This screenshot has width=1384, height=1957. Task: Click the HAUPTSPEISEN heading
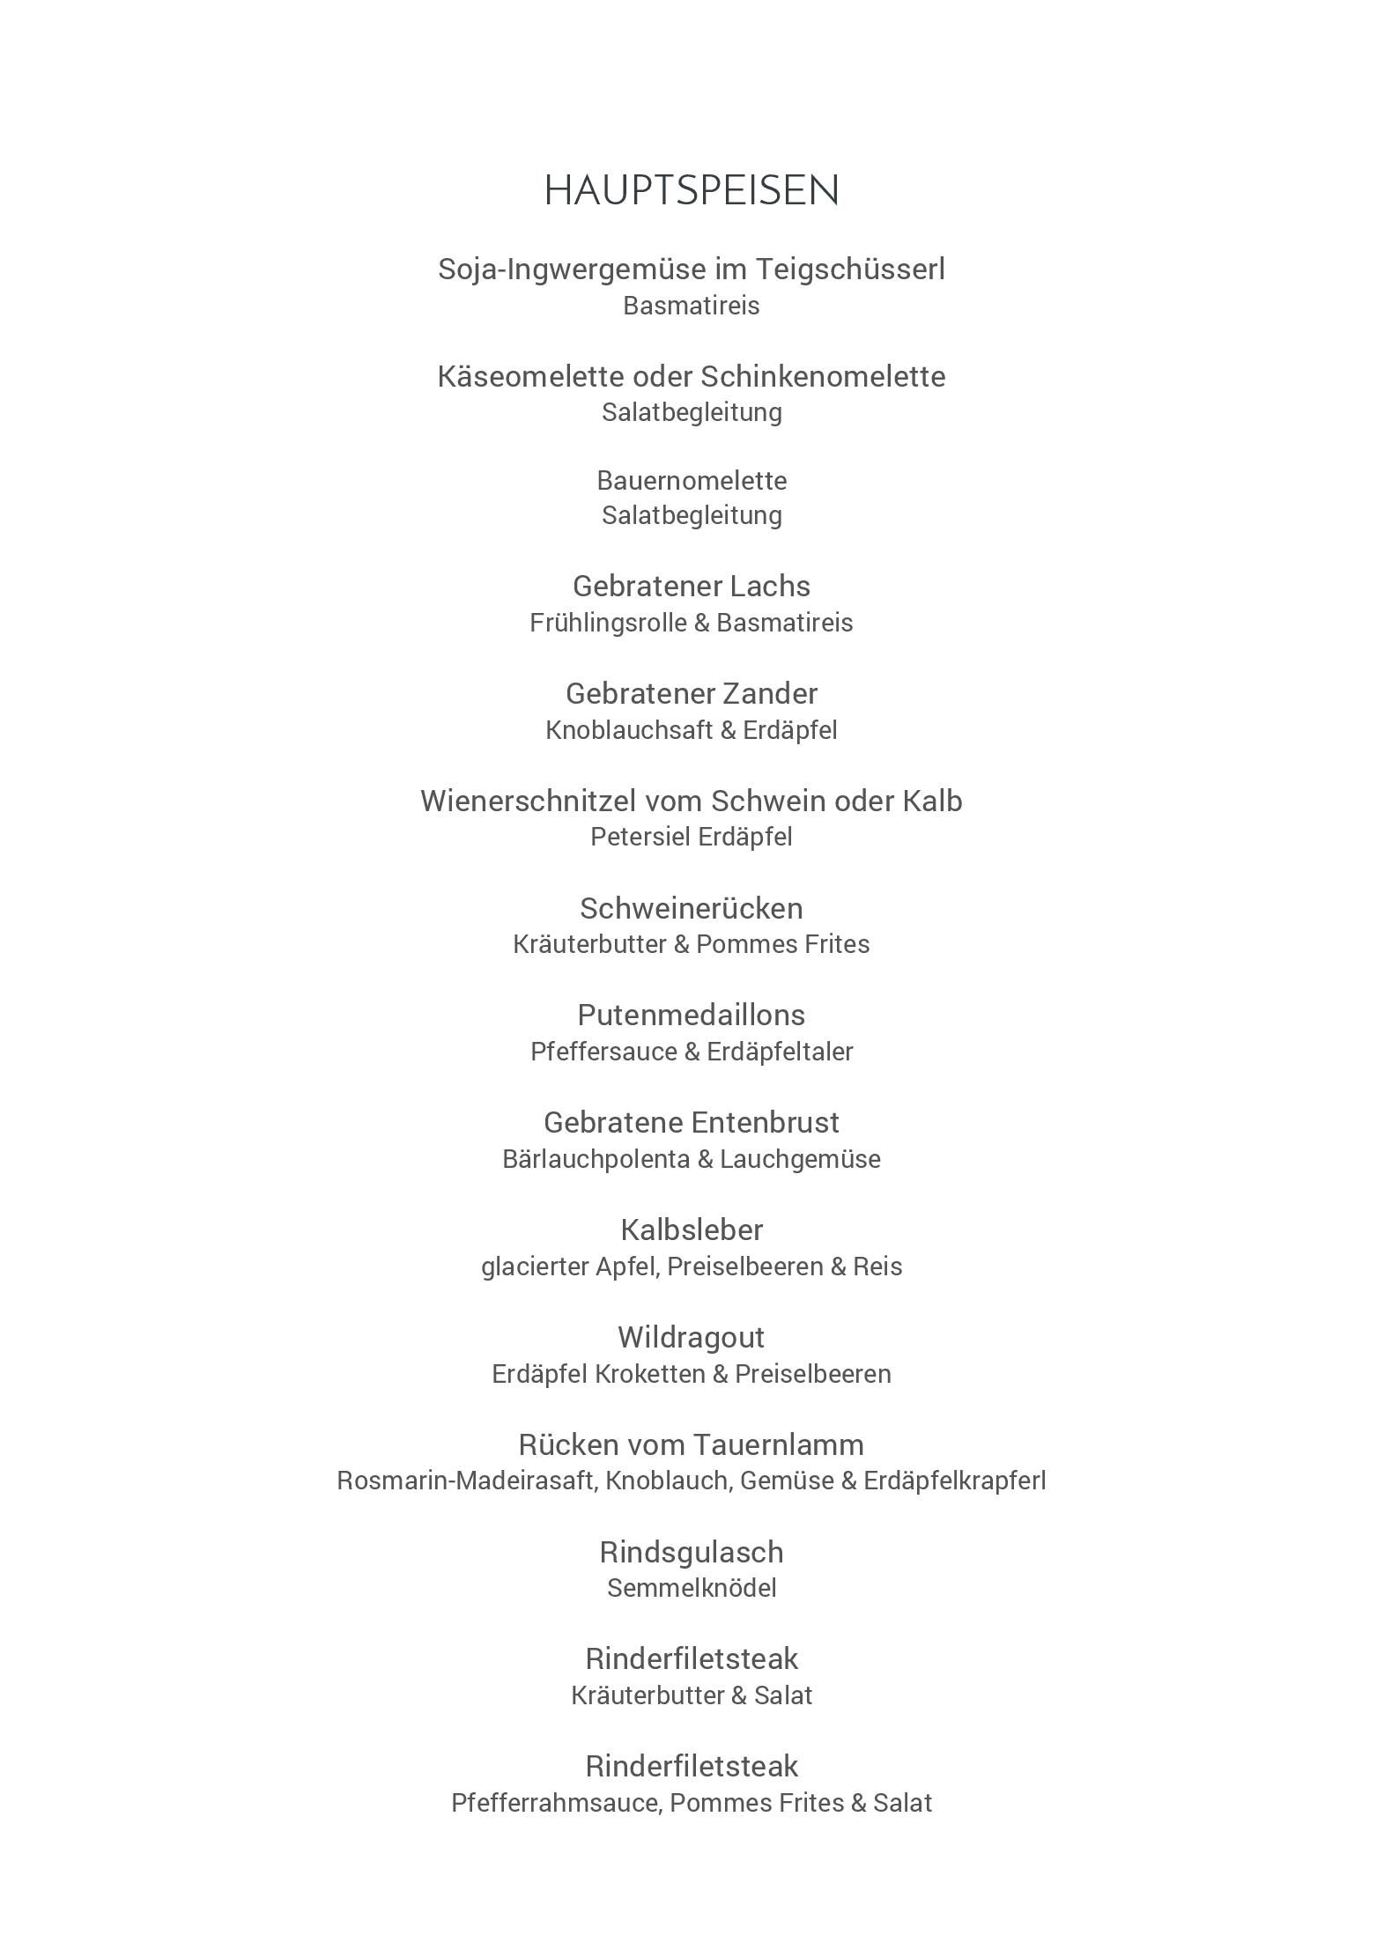pos(692,190)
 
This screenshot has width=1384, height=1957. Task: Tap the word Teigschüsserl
pos(850,269)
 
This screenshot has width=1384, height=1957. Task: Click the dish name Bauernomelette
pos(692,480)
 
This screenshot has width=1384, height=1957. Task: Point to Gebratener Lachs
pos(692,586)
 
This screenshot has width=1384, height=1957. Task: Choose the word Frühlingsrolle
pos(607,623)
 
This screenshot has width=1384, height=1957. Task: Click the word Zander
pos(770,693)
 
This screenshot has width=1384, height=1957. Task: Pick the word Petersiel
pos(640,837)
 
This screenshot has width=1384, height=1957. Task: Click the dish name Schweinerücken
pos(692,908)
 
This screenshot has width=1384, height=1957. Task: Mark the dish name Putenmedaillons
pos(692,1015)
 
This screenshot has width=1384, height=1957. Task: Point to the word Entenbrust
pos(765,1122)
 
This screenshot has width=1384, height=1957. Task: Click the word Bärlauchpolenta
pos(596,1159)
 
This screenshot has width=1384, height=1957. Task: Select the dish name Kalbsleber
pos(692,1230)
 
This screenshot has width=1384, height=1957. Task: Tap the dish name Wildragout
pos(692,1337)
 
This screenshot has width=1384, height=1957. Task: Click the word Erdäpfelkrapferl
pos(954,1481)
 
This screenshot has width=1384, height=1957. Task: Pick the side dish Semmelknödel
pos(692,1588)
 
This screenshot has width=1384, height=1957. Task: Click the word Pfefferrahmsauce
pos(556,1803)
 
